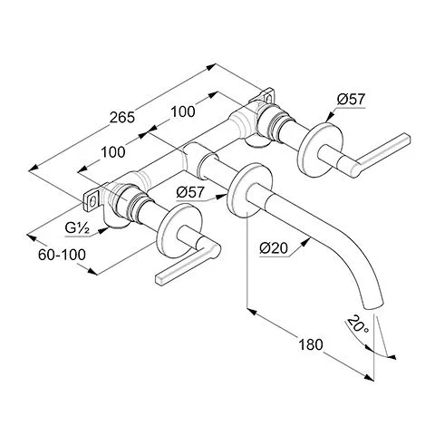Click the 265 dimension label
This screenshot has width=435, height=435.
click(122, 117)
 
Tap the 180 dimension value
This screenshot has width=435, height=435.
click(311, 344)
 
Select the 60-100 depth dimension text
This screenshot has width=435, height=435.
click(62, 255)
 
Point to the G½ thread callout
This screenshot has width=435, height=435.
click(77, 228)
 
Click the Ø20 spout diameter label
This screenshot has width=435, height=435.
click(274, 248)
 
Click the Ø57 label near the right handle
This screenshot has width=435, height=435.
click(352, 99)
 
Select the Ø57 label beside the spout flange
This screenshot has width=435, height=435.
click(190, 192)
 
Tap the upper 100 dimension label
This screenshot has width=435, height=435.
click(183, 111)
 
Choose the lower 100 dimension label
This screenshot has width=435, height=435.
click(113, 152)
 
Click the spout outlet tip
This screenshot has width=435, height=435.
click(374, 305)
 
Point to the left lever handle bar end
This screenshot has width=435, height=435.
click(160, 279)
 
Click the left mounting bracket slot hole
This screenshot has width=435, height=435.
click(94, 200)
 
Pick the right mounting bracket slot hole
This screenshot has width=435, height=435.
click(268, 98)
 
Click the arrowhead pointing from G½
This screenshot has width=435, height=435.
click(103, 231)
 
